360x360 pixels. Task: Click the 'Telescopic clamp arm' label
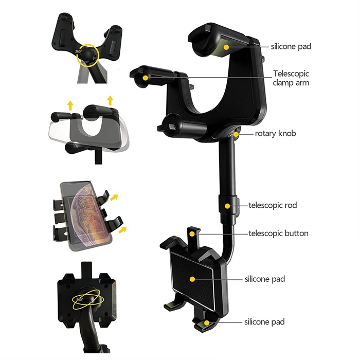291,78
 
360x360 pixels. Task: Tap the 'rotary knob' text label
275,133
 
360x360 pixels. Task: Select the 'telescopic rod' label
273,205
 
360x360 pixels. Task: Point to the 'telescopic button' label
278,233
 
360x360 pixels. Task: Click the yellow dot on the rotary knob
236,134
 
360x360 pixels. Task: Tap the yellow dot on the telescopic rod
227,206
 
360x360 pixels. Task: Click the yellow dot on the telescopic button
192,234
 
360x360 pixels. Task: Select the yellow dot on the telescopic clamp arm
145,78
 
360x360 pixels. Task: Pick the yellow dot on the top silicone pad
226,47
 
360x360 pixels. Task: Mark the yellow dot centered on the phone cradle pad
192,279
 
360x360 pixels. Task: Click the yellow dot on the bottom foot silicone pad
207,323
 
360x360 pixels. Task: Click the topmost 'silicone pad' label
291,46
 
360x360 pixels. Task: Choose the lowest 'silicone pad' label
264,322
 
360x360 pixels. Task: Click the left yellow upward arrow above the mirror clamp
70,105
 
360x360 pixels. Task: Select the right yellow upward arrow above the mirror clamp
111,100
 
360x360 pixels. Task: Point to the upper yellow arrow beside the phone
114,197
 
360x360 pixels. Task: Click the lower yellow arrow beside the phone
122,229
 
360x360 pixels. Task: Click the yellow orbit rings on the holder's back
88,299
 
